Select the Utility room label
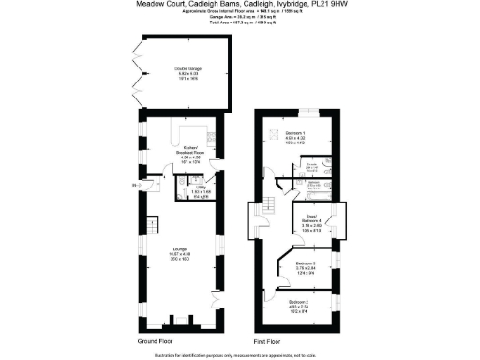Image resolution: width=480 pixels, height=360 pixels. click(201, 187)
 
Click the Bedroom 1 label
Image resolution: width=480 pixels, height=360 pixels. click(296, 135)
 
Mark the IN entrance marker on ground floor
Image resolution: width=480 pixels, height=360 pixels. click(134, 187)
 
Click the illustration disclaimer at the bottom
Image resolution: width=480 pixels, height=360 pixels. click(239, 354)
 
